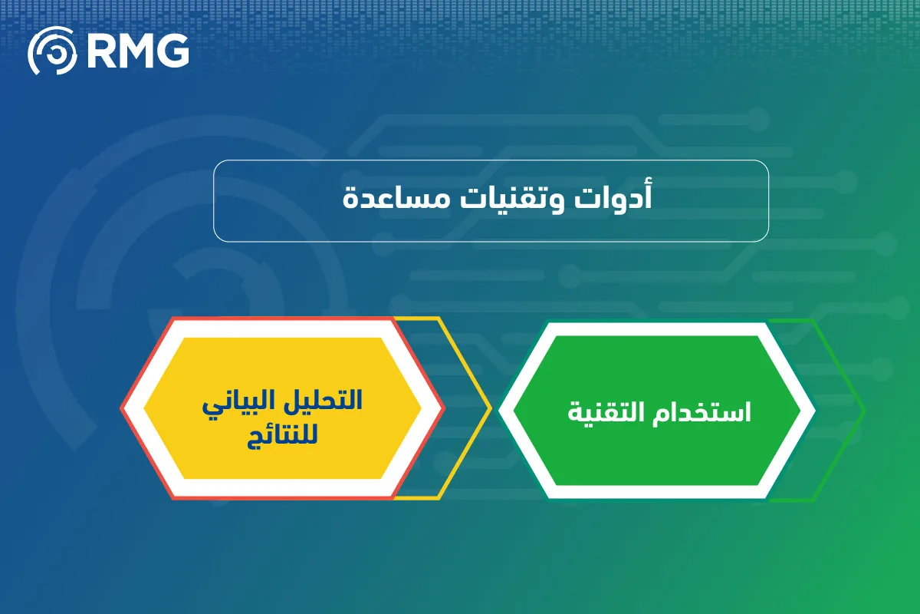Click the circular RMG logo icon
(53, 51)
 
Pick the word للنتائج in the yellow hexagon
(282, 435)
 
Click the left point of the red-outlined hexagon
(121, 408)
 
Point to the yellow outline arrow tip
(491, 408)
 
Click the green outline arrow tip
(865, 411)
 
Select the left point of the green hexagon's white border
(499, 410)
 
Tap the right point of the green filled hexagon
(800, 410)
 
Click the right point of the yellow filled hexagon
(421, 408)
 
